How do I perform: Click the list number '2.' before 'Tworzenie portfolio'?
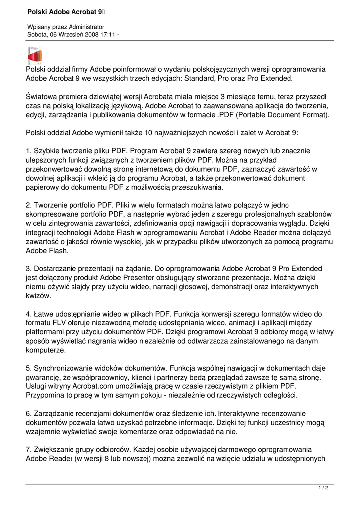pyautogui.click(x=29, y=204)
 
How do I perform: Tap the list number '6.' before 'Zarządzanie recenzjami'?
pyautogui.click(x=29, y=413)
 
